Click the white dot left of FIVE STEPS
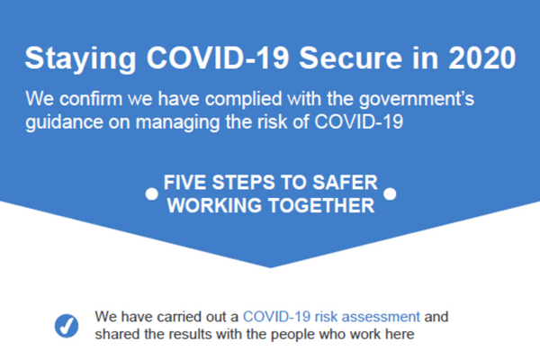151,193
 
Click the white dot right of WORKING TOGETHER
390,193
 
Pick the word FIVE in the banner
185,182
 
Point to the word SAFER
345,182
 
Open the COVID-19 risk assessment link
331,317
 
